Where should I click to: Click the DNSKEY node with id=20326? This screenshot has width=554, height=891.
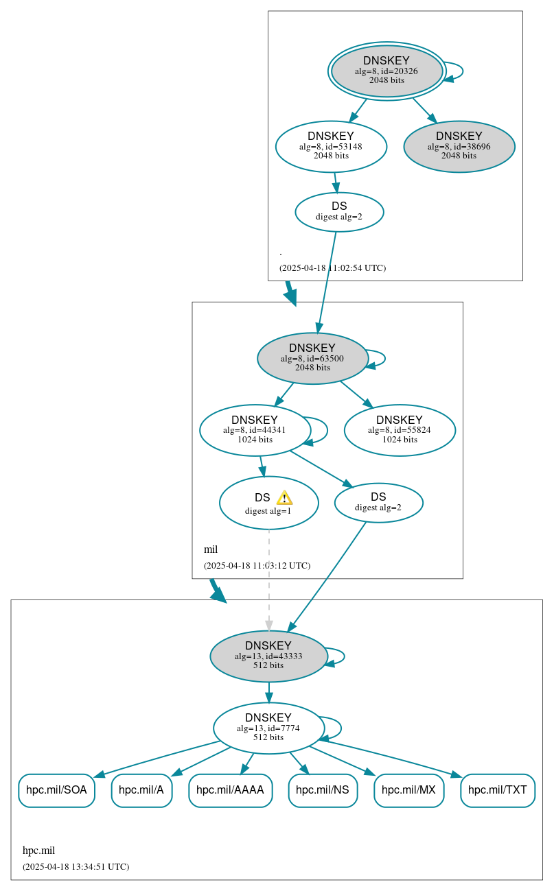point(386,71)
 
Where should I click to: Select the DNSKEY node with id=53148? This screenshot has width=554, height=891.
point(331,146)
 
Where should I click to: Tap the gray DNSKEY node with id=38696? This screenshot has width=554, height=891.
point(459,146)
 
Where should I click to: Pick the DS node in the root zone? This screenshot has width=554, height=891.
point(339,211)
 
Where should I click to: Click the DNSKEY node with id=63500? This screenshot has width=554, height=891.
point(312,358)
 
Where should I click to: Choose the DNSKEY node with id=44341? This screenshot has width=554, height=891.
point(255,430)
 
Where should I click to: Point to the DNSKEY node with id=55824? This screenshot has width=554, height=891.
point(400,430)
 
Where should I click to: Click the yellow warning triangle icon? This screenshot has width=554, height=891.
point(284,498)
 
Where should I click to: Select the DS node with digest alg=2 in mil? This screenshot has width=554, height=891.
point(378,502)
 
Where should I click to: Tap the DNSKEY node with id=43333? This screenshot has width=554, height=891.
point(268,656)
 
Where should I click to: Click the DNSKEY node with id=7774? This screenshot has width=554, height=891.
point(268,728)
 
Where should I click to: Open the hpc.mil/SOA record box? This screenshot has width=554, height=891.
point(56,790)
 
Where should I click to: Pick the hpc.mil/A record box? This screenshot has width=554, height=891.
point(141,790)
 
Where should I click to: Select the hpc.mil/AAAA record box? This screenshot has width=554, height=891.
point(230,790)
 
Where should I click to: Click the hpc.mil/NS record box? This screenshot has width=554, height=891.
point(323,790)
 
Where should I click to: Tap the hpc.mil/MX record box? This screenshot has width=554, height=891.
point(408,790)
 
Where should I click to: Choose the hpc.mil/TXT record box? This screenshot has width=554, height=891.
point(498,790)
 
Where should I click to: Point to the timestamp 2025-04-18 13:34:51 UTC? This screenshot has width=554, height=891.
point(76,866)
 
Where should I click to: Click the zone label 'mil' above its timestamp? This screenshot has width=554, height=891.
point(211,549)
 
